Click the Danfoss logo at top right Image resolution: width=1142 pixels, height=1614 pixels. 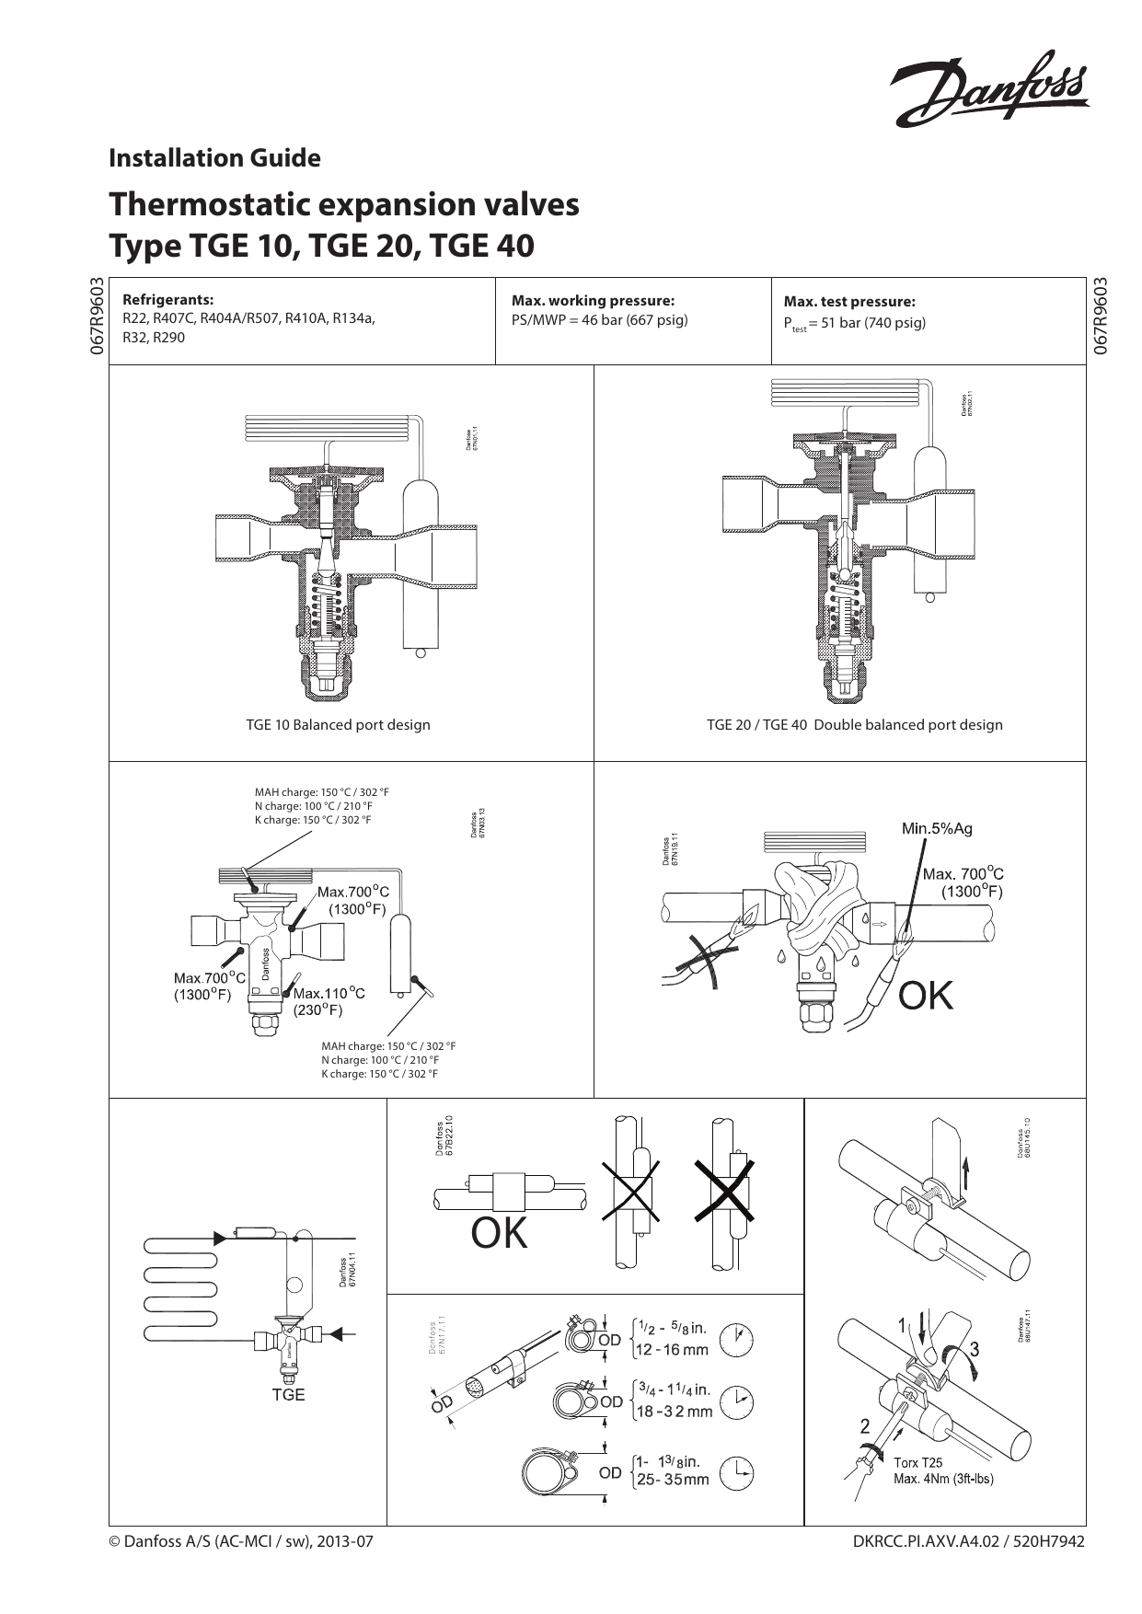pyautogui.click(x=989, y=87)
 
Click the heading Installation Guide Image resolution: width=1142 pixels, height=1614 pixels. pyautogui.click(x=214, y=158)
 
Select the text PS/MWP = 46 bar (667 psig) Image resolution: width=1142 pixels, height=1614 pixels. pyautogui.click(x=599, y=320)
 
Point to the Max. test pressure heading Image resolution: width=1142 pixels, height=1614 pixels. pyautogui.click(x=848, y=301)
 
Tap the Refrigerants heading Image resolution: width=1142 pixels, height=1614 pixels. pyautogui.click(x=167, y=299)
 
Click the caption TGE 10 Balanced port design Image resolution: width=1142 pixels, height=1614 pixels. pyautogui.click(x=338, y=724)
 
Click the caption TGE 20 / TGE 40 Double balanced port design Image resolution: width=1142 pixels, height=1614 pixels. pyautogui.click(x=854, y=724)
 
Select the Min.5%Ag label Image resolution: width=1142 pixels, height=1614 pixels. pyautogui.click(x=936, y=828)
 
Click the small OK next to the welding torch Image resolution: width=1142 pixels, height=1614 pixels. pyautogui.click(x=925, y=996)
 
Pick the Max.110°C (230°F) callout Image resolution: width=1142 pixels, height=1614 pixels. pyautogui.click(x=328, y=1001)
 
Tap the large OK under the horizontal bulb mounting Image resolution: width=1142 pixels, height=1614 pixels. pyautogui.click(x=499, y=1233)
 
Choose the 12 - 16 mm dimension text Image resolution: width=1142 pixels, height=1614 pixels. pyautogui.click(x=672, y=1350)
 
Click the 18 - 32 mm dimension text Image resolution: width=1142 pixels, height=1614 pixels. pyautogui.click(x=675, y=1412)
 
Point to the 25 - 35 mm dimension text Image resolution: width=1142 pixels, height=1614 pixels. pyautogui.click(x=673, y=1480)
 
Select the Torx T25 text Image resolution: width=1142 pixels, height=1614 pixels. pyautogui.click(x=917, y=1462)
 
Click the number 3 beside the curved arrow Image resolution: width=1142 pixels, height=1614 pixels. pyautogui.click(x=974, y=1350)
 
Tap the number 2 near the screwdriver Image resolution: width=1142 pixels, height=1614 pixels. pyautogui.click(x=864, y=1426)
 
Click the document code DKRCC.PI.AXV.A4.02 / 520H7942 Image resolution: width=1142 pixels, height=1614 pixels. pyautogui.click(x=969, y=1540)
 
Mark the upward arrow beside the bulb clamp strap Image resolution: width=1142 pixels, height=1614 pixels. pyautogui.click(x=966, y=1172)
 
